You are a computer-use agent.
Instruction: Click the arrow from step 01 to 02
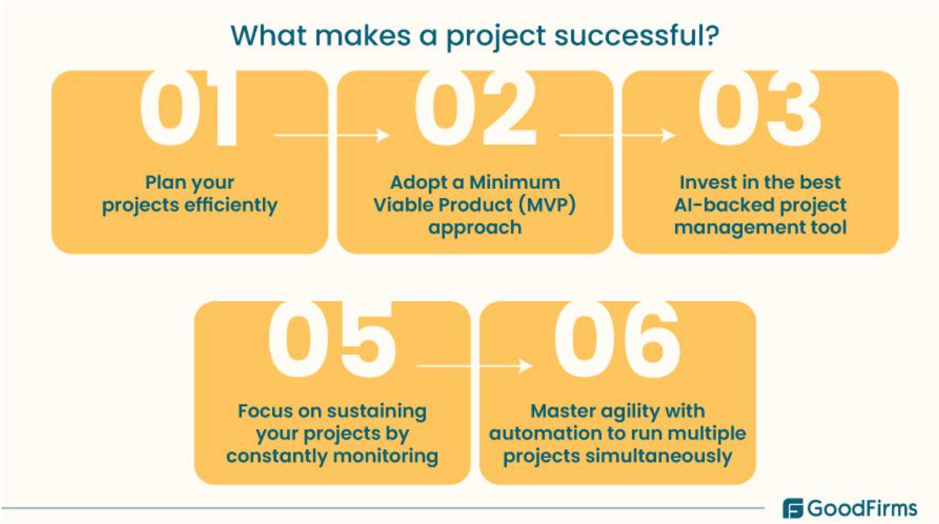pos(331,136)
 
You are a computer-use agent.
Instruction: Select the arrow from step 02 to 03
pos(617,136)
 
